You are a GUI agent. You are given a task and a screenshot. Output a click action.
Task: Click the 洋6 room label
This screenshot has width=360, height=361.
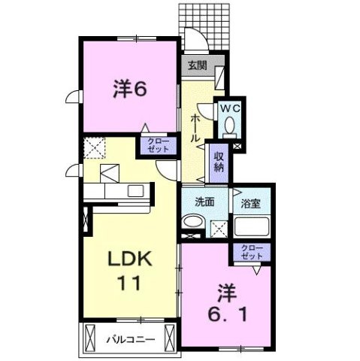click(129, 89)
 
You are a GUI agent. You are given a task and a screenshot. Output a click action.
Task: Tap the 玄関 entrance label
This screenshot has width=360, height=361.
click(197, 65)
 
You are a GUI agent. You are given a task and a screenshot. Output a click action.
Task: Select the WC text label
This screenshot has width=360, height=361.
click(228, 109)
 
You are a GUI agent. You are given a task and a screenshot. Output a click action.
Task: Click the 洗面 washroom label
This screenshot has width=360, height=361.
click(204, 202)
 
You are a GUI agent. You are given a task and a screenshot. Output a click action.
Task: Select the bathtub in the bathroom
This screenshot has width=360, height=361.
click(251, 226)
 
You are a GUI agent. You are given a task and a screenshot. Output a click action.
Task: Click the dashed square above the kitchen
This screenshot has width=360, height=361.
click(96, 150)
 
